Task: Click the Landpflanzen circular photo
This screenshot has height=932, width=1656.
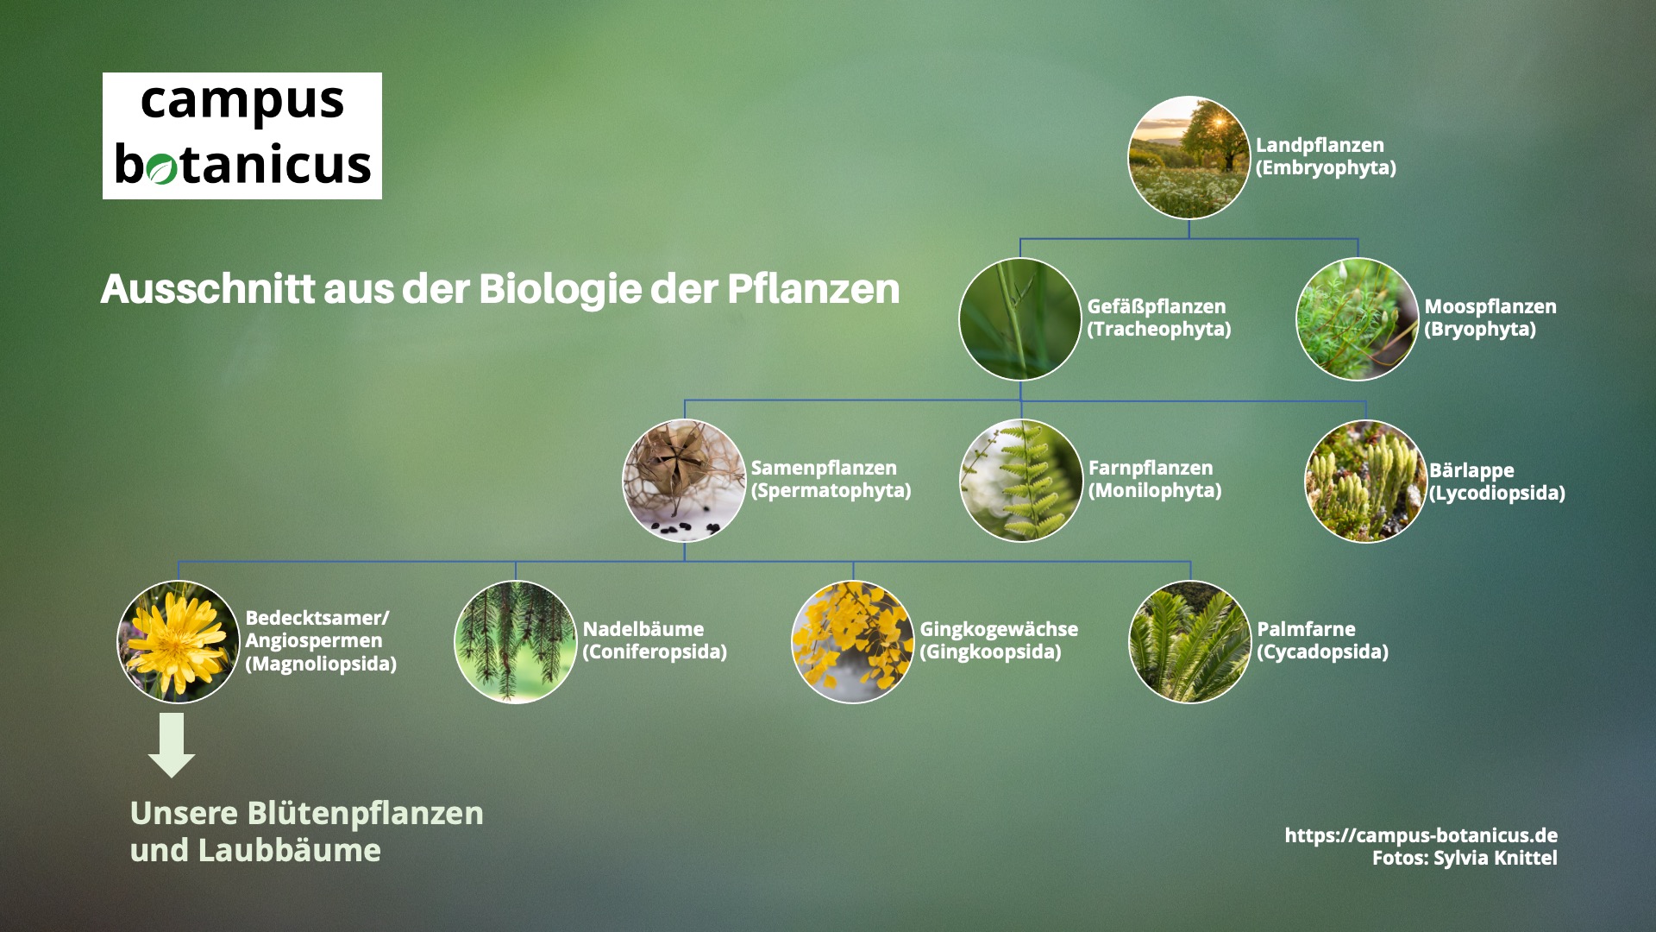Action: point(1189,157)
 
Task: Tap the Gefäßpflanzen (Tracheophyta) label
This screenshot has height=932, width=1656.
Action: point(1158,318)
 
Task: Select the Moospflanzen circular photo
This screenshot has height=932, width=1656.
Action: point(1357,319)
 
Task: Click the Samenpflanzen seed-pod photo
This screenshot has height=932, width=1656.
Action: point(684,480)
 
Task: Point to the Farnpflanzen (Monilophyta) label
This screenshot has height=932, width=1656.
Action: point(1154,479)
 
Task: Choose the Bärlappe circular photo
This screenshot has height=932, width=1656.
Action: point(1365,481)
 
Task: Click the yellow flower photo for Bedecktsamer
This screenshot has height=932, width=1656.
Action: point(178,641)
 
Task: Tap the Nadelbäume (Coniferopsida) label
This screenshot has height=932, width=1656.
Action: point(654,640)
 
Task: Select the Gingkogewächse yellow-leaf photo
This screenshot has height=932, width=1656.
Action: point(852,641)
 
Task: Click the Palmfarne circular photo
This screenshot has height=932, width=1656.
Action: point(1189,641)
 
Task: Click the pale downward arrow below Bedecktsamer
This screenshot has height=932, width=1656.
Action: point(172,744)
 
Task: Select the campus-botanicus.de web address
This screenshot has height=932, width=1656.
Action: point(1421,835)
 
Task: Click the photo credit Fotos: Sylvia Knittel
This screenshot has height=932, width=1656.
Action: point(1465,858)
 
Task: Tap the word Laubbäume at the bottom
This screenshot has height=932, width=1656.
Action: point(289,851)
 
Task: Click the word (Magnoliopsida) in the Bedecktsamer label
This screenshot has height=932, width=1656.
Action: point(321,664)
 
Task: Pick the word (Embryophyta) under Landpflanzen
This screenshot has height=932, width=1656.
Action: point(1326,167)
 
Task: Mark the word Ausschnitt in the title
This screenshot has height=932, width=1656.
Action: point(207,289)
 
